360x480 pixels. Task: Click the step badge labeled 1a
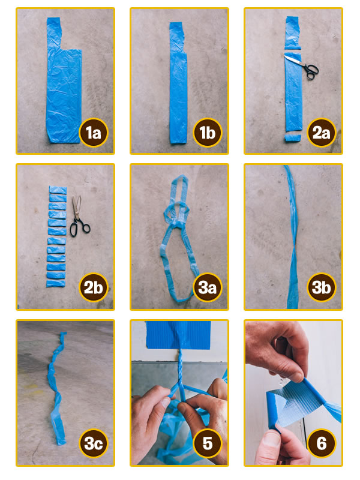pyautogui.click(x=93, y=133)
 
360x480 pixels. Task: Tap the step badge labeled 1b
pyautogui.click(x=207, y=133)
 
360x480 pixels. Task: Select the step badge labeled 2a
pyautogui.click(x=321, y=133)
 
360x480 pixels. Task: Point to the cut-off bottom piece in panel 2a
pyautogui.click(x=292, y=138)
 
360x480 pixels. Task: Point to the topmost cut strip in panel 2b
pyautogui.click(x=56, y=190)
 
